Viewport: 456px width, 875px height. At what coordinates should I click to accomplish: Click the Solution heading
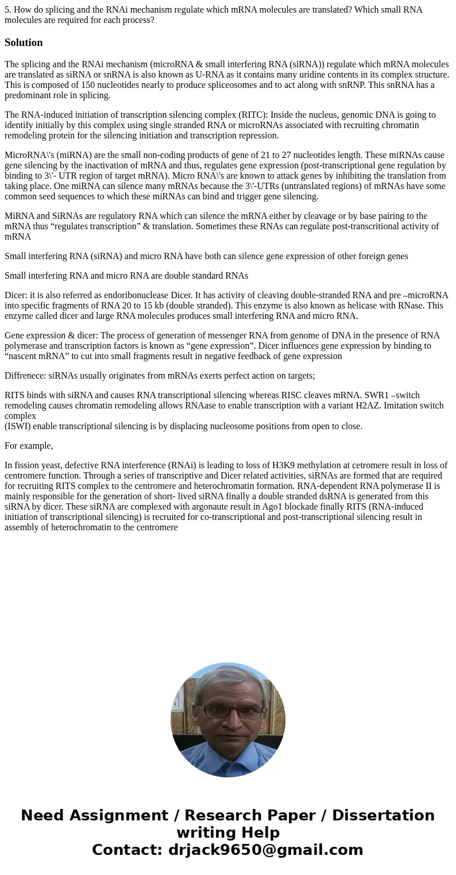point(24,43)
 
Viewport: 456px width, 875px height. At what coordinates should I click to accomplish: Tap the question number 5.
point(7,10)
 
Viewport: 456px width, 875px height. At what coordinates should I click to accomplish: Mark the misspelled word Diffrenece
point(24,376)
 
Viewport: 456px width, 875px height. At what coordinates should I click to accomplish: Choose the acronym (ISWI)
point(17,426)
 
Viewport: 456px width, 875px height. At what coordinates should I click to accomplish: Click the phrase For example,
point(29,446)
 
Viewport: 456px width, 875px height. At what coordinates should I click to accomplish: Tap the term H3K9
point(283,465)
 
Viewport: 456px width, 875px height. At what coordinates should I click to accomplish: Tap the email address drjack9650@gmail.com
point(265,850)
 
